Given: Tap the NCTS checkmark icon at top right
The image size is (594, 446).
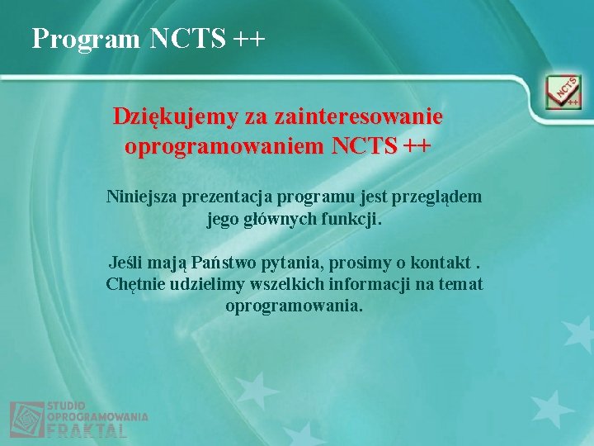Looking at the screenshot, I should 563,93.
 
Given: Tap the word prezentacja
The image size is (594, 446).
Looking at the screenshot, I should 225,197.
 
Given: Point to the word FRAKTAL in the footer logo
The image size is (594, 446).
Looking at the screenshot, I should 87,430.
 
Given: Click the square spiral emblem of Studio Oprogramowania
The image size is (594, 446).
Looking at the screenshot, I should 26,419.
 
